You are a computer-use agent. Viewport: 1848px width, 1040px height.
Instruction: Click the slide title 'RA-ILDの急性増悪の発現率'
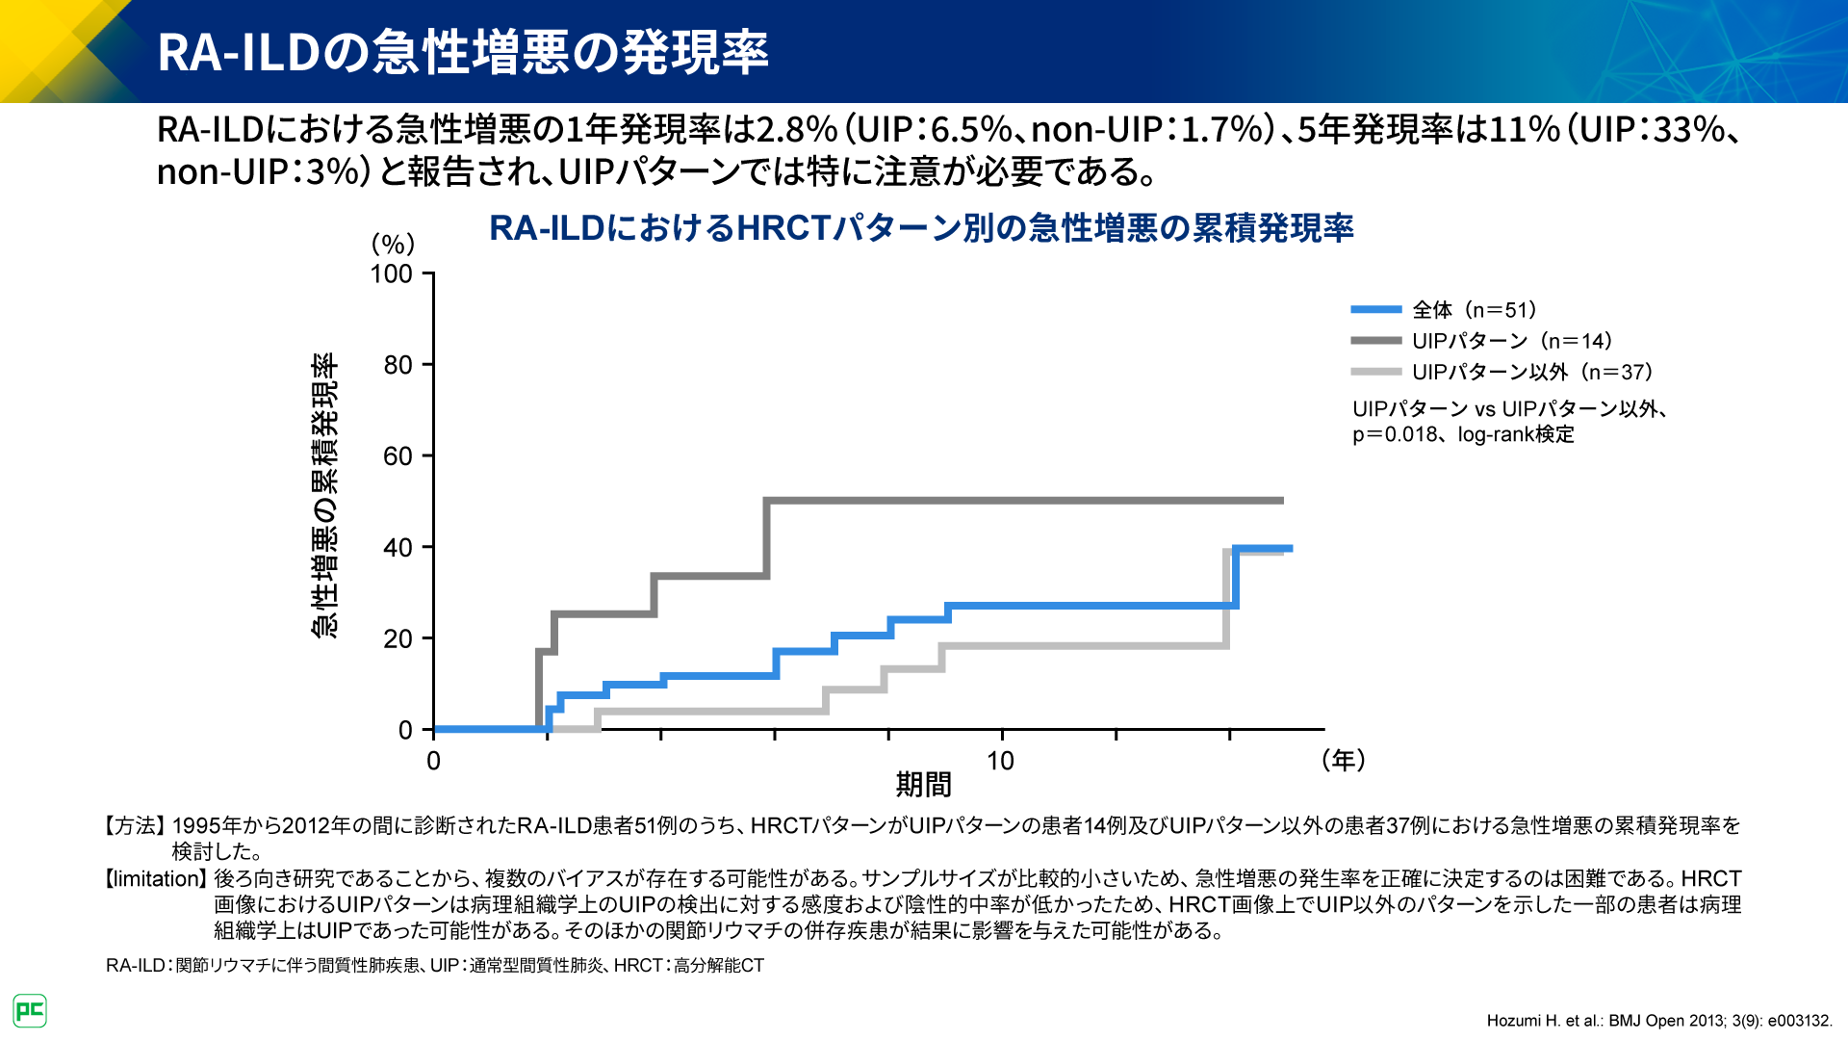462,52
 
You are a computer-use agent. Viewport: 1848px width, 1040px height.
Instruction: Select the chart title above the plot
921,228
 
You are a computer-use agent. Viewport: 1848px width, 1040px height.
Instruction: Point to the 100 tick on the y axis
392,274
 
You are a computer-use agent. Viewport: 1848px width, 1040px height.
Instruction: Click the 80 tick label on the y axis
398,365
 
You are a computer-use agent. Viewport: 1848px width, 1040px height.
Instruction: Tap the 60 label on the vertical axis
398,456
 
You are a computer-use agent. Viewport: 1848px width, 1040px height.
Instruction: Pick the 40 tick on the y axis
398,548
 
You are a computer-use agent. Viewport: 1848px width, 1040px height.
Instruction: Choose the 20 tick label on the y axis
398,639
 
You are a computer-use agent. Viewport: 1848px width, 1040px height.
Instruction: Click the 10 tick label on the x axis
1000,762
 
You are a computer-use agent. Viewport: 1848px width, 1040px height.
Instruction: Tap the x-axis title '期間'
923,785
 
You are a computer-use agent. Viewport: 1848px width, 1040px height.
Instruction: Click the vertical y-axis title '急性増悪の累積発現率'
324,495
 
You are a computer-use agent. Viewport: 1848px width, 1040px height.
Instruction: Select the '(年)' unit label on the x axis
1344,761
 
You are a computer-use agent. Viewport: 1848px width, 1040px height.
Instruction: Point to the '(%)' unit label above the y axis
393,244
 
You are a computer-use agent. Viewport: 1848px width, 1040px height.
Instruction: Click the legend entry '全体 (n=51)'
1474,310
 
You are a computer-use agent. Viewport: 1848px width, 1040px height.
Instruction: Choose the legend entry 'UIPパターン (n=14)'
1511,341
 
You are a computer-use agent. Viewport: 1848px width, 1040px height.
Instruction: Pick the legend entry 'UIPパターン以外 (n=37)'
1531,372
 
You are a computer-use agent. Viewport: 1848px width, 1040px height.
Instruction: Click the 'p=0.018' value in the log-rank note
1395,435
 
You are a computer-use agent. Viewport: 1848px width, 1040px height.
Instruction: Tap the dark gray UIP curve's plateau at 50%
1020,501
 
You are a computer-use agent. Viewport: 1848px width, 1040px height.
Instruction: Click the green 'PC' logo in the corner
30,1011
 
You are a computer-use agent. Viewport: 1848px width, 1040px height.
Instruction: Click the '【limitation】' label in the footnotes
155,879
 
